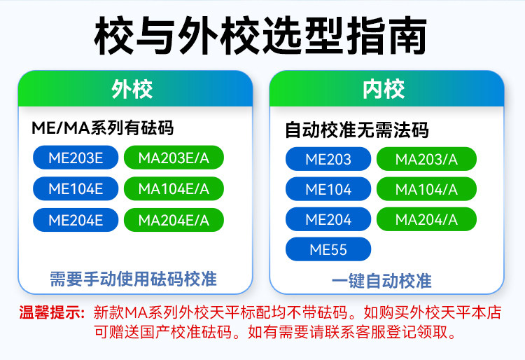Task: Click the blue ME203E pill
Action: tap(76, 158)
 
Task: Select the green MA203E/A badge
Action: tap(174, 158)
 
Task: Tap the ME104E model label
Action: tap(76, 188)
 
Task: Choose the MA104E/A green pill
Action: tap(174, 188)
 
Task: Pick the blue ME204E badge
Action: tap(76, 220)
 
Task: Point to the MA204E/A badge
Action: tap(174, 220)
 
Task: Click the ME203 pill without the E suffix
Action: tap(328, 159)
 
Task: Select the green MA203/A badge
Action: tap(426, 159)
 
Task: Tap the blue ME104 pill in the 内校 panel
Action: tap(328, 189)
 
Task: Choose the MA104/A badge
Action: tap(426, 189)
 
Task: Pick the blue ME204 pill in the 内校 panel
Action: tap(328, 219)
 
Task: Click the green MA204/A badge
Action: tap(426, 219)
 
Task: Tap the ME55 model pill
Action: tap(328, 249)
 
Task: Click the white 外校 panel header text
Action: tap(132, 89)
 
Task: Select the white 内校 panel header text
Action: tap(384, 89)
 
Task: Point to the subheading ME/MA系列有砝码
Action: tap(102, 127)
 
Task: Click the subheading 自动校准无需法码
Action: tap(356, 130)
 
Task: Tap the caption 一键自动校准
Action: tap(381, 281)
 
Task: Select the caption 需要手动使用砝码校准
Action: tap(133, 279)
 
